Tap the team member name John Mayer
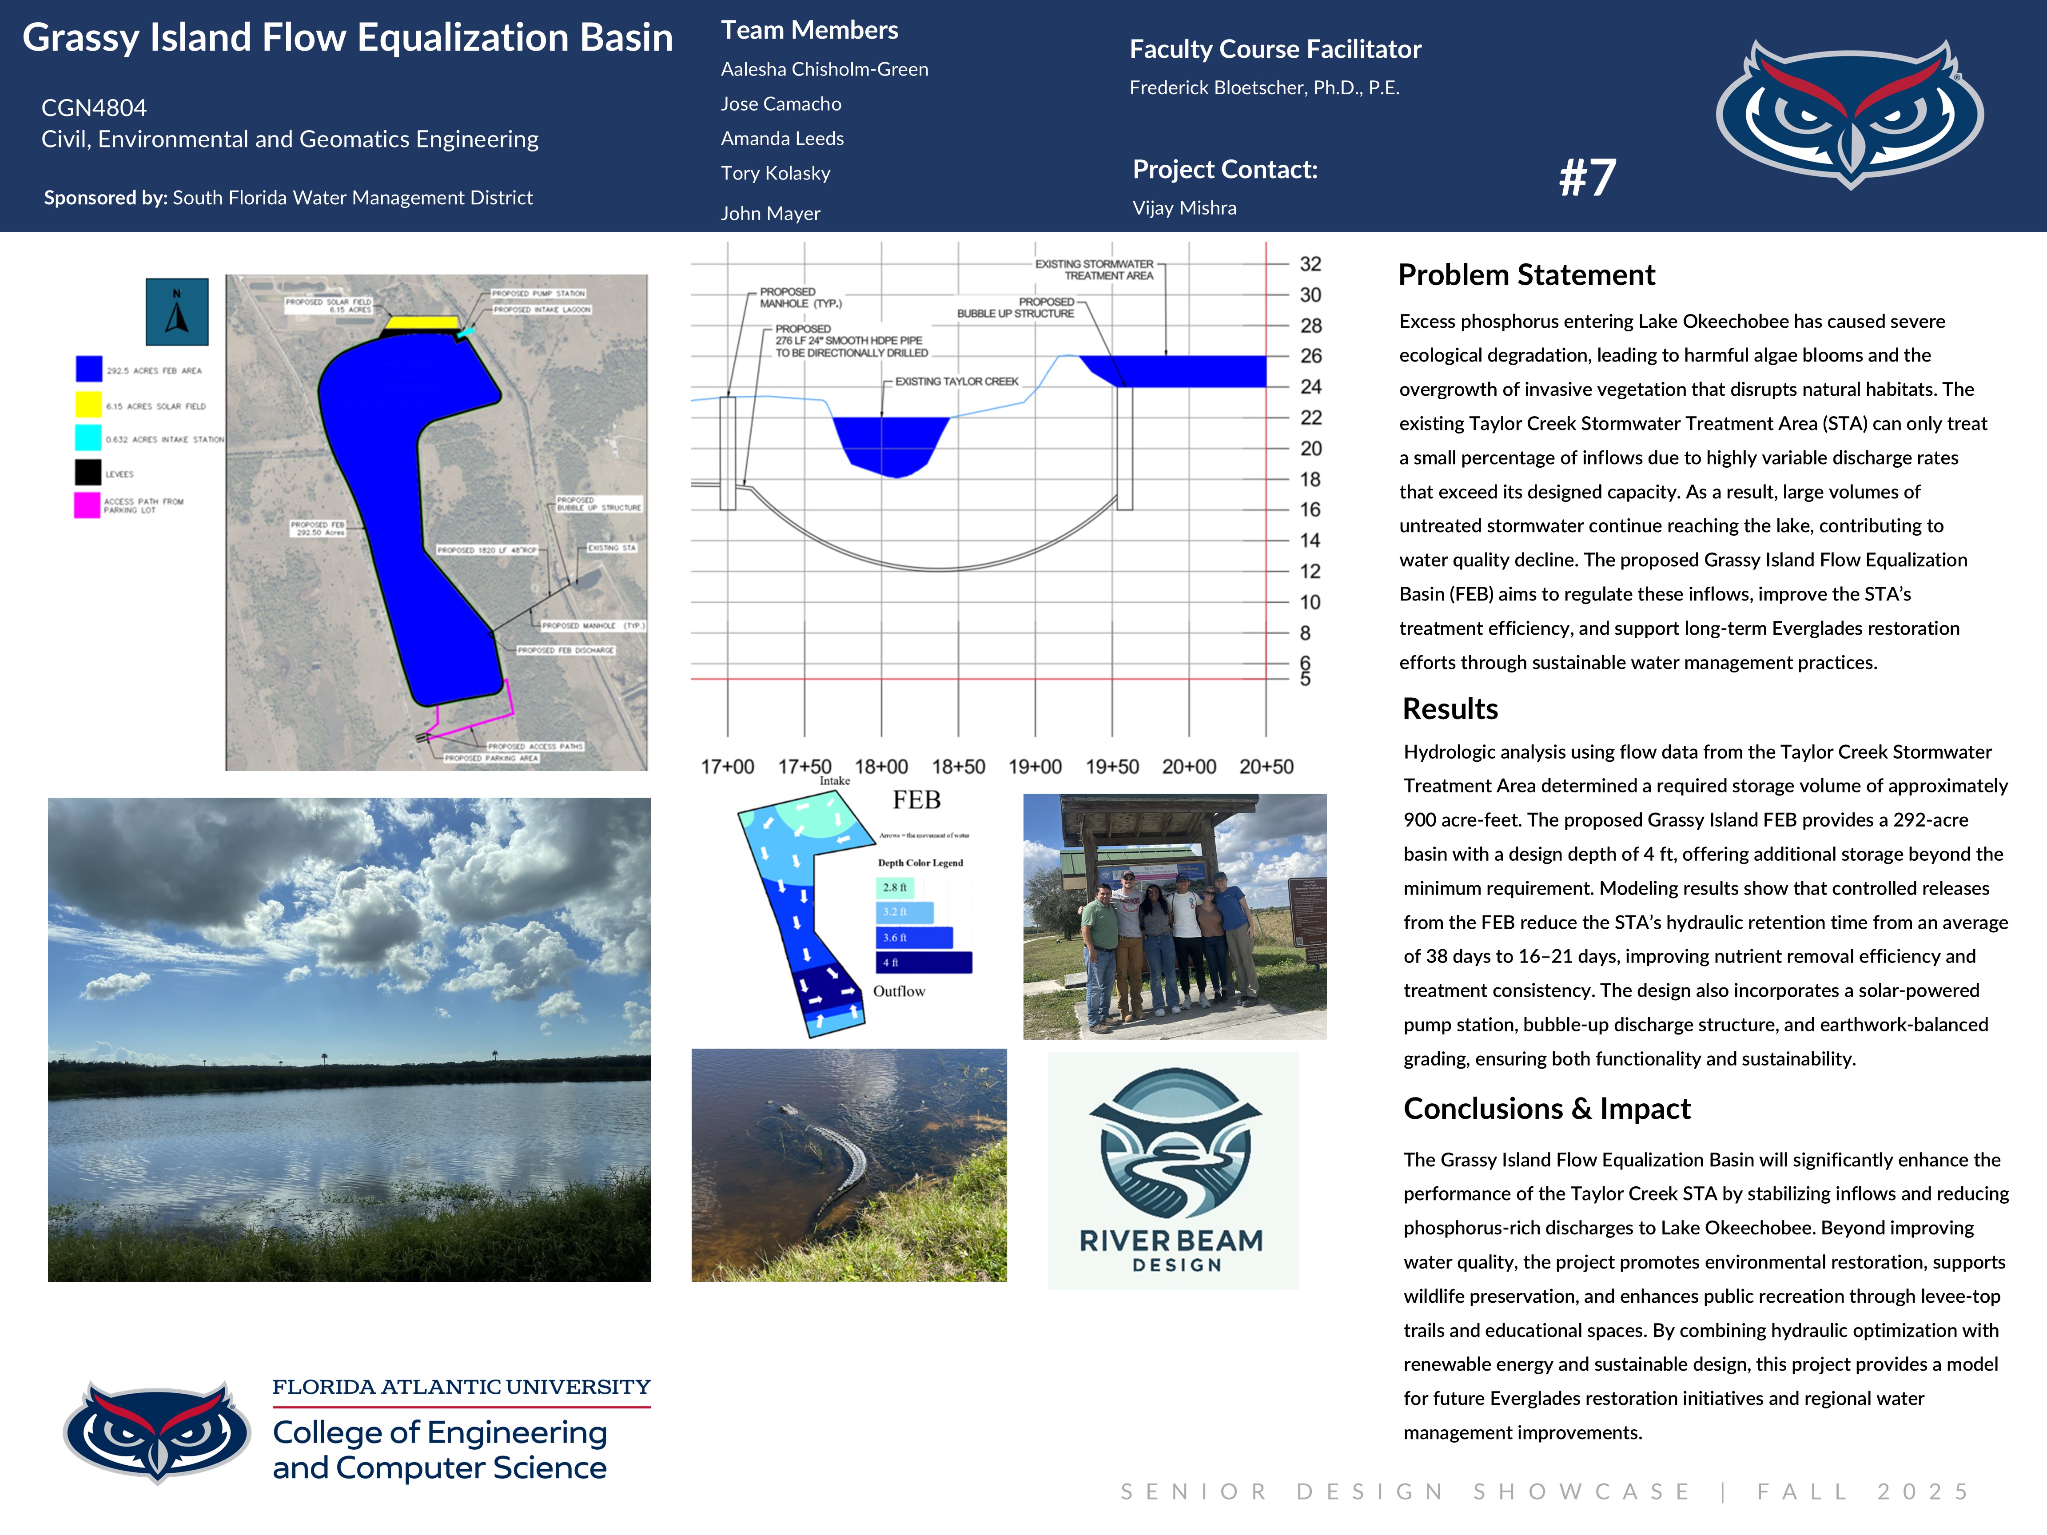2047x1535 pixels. [x=770, y=214]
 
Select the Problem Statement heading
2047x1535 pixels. [x=1526, y=275]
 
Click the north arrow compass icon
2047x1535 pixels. [x=177, y=312]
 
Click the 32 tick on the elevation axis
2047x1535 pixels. [x=1310, y=264]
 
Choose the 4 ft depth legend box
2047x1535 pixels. [x=923, y=962]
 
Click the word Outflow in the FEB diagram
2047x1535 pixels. [x=899, y=991]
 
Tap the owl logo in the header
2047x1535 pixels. [x=1849, y=113]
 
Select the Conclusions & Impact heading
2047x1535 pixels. [x=1546, y=1109]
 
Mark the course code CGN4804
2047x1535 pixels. [x=93, y=108]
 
